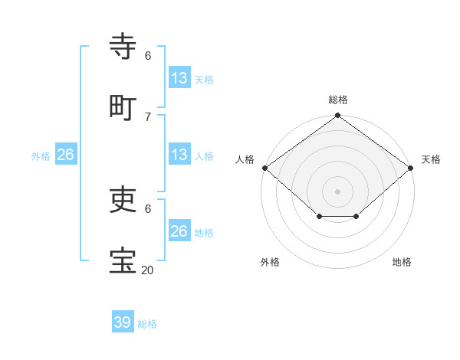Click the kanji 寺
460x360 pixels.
123,46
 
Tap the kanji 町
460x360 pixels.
123,106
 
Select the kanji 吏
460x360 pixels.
123,198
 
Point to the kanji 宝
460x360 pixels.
123,260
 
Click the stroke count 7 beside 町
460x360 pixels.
147,116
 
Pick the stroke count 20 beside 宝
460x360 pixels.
147,270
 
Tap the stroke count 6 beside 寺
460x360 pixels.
147,56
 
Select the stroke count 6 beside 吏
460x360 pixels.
147,208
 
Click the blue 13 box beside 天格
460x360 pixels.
179,78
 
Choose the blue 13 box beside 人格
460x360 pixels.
179,155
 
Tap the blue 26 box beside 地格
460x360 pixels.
179,231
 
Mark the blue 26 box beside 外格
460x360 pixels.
65,155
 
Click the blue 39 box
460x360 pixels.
123,322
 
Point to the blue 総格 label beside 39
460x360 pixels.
147,324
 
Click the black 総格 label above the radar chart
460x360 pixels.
338,100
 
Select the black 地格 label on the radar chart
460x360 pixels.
402,262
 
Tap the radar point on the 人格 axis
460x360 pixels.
264,168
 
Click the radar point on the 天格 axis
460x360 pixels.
412,168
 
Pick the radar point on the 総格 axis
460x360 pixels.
338,116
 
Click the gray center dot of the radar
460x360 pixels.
338,191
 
